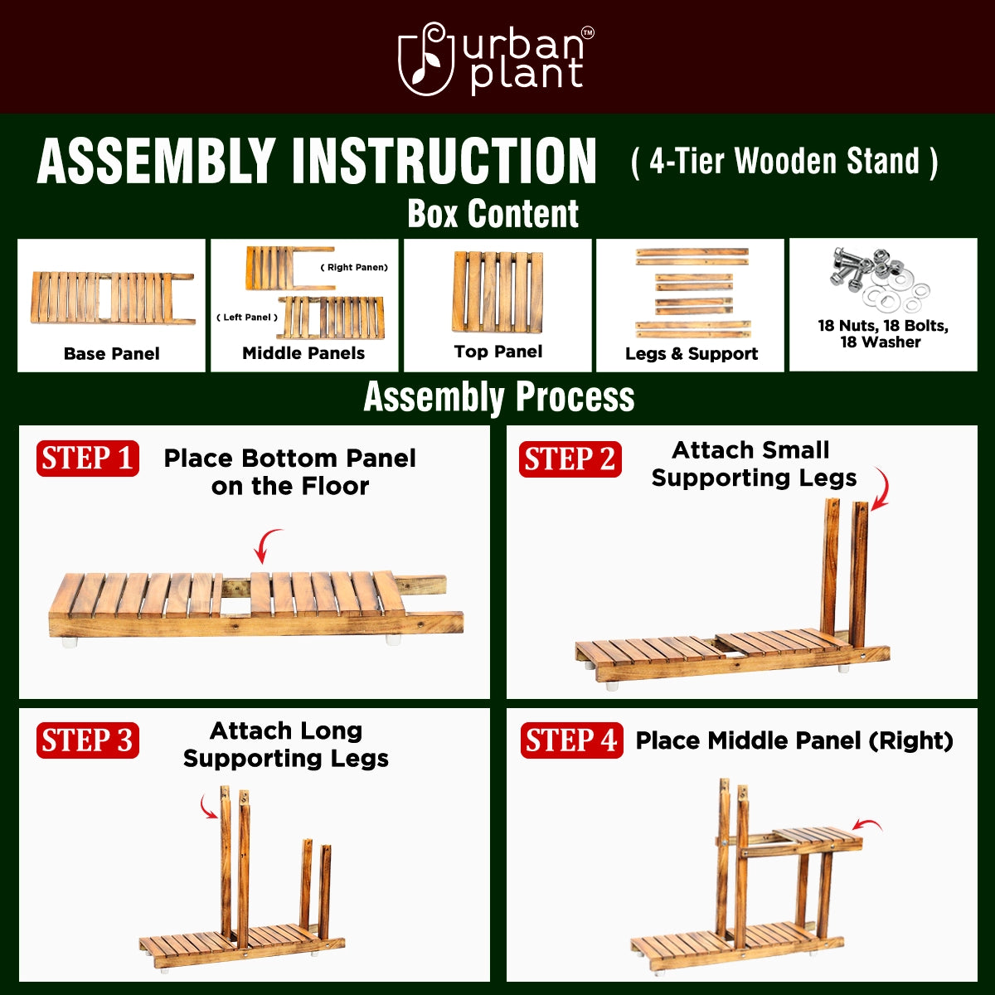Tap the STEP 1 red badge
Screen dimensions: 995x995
(x=87, y=459)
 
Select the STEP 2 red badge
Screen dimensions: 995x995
(x=570, y=459)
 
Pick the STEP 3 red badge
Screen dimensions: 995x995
(x=87, y=740)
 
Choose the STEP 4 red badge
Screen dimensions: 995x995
(x=571, y=740)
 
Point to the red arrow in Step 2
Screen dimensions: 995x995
(x=880, y=489)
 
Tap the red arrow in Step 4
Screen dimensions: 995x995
(x=867, y=826)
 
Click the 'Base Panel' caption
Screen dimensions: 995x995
(x=112, y=354)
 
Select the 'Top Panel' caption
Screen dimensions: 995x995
(x=498, y=352)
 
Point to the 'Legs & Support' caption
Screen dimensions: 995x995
(x=692, y=354)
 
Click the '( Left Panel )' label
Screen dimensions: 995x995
(x=247, y=318)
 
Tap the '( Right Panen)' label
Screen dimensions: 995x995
(x=354, y=268)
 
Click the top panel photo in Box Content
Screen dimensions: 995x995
(x=498, y=293)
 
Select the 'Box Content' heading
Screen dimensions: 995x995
(x=493, y=214)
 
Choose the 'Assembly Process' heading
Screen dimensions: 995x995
(x=499, y=397)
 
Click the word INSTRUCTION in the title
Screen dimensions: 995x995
(x=444, y=161)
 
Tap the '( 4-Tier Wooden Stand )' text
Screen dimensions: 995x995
(x=784, y=162)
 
